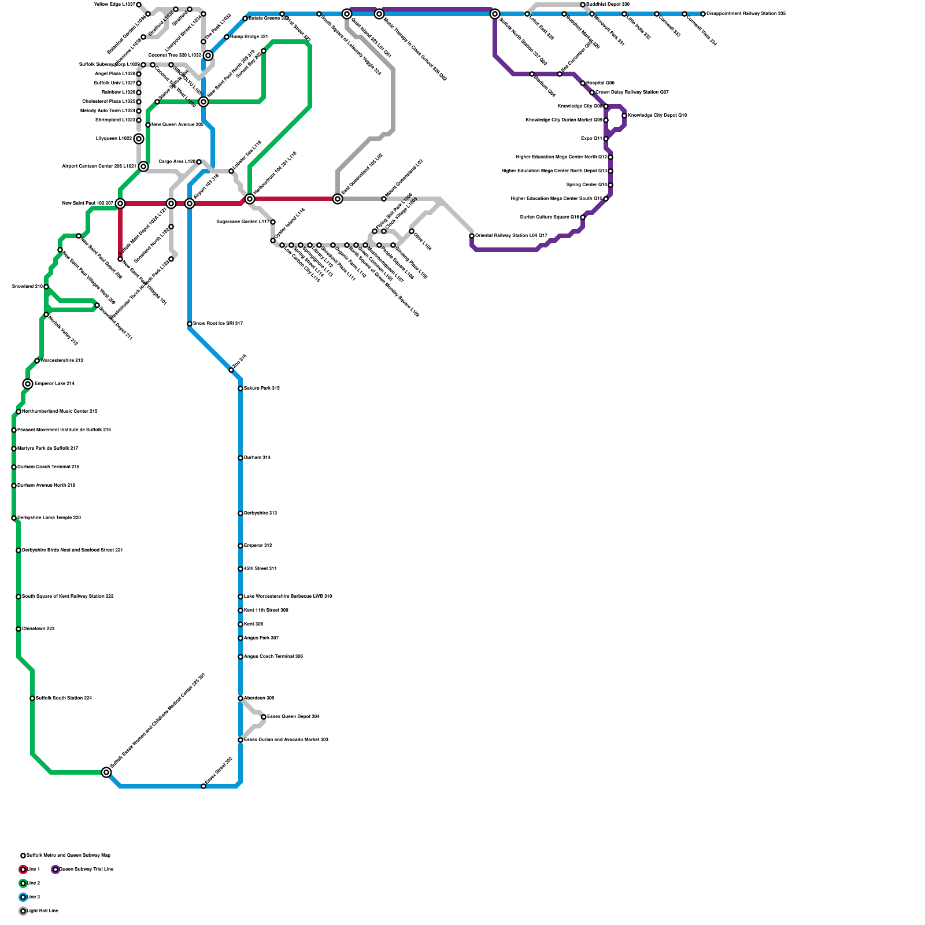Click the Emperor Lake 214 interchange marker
tap(28, 384)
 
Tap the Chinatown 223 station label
tap(38, 628)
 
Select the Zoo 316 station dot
tap(231, 370)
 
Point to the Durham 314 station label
tap(257, 457)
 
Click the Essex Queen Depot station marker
tap(264, 717)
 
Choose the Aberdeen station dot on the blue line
tap(240, 698)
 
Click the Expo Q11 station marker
tap(606, 139)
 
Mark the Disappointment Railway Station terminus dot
tap(703, 14)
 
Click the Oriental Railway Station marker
tap(472, 236)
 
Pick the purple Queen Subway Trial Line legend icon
tap(55, 869)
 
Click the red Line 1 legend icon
tap(23, 869)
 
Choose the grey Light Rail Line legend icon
tap(23, 911)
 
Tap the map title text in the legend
tap(68, 855)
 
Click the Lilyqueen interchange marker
tap(139, 139)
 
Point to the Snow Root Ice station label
tap(217, 323)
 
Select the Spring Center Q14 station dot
tap(610, 185)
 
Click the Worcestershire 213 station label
tap(62, 360)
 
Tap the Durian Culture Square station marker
tap(583, 217)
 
